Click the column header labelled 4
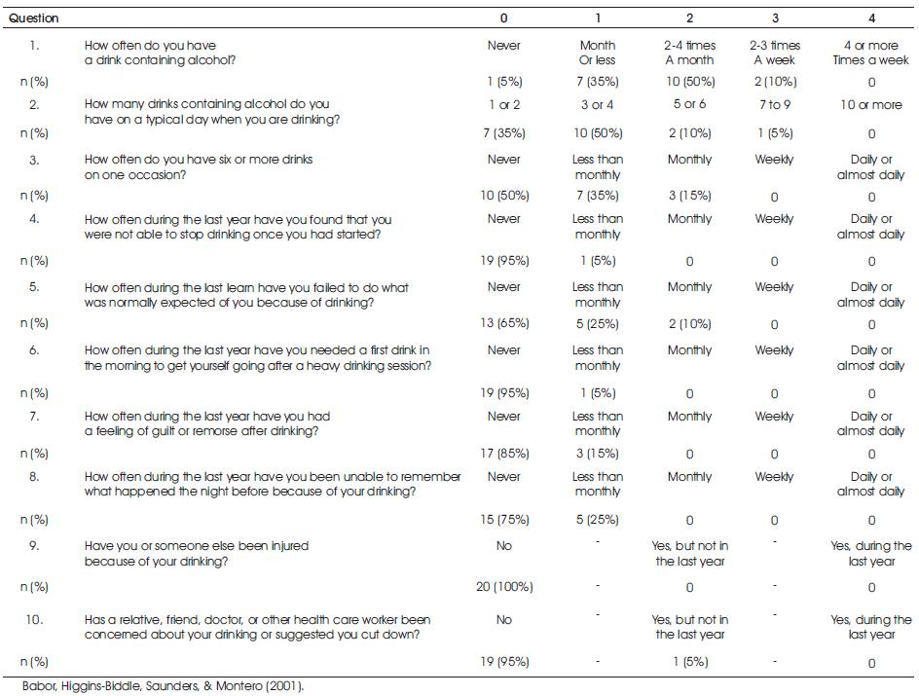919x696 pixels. (871, 18)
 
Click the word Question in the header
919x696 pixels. (33, 18)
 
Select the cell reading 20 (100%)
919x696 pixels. (504, 586)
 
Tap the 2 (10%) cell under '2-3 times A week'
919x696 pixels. (775, 82)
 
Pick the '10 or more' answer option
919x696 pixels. (871, 105)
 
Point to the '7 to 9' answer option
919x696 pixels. (775, 105)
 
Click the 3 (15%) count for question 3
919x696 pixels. (690, 196)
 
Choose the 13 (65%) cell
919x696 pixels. (504, 323)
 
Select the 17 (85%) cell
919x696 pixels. (504, 454)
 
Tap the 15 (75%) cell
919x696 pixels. (504, 520)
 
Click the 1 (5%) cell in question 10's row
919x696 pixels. (690, 662)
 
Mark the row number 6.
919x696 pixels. (35, 350)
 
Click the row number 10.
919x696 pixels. (34, 619)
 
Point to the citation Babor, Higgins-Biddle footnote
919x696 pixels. (163, 686)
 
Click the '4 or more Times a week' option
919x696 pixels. (871, 53)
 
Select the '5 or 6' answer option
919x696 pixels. (690, 104)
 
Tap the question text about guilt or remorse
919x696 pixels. (207, 423)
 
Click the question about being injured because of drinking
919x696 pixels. (197, 554)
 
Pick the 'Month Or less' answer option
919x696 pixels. (597, 53)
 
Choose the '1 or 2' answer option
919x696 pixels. (504, 105)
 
